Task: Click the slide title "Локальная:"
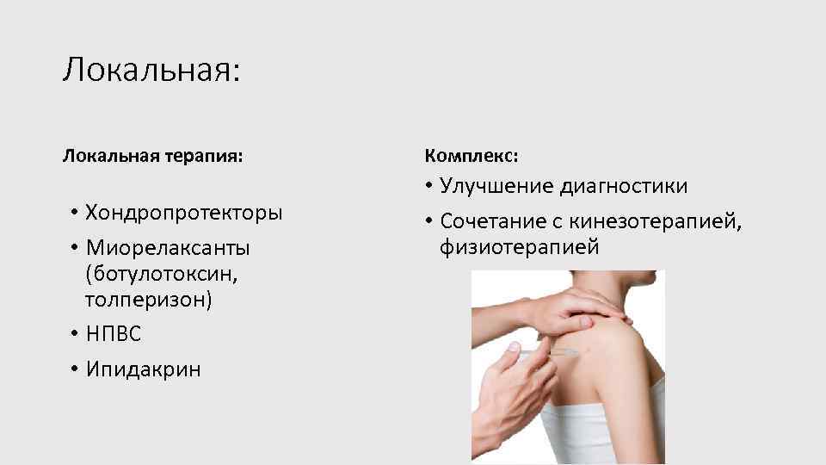tap(151, 69)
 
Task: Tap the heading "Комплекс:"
tap(472, 158)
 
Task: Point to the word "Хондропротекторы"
tap(183, 212)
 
